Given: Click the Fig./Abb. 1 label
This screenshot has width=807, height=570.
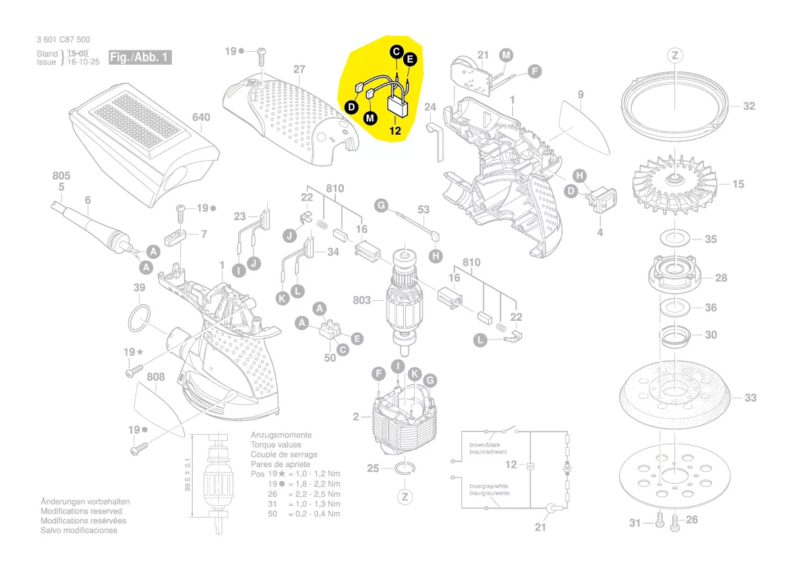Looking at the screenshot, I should point(139,57).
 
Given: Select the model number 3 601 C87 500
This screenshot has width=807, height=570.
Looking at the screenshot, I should point(63,40).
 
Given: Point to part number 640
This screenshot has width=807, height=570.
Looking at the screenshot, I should point(200,117).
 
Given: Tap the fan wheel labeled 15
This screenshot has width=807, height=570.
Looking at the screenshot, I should point(673,182).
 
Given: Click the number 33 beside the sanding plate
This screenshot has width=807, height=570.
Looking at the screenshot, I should point(750,398).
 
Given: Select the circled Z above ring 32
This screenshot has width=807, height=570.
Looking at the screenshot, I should point(674,55).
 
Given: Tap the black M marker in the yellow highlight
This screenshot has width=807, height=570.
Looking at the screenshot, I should point(371,118).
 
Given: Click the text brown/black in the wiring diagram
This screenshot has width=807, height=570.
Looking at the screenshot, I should point(486,446).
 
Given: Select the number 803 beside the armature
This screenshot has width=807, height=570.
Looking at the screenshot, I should point(362,300).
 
